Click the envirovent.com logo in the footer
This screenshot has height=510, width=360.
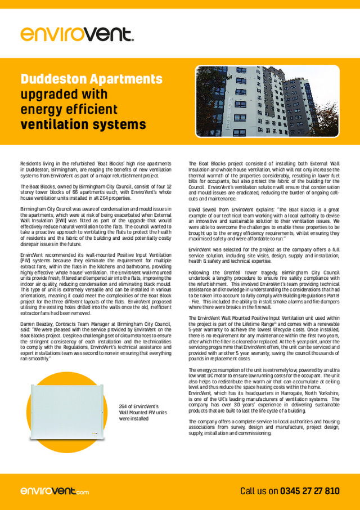tap(55, 491)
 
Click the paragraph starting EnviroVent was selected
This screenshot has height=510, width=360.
tap(264, 257)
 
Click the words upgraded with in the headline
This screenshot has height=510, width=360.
tap(60, 94)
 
